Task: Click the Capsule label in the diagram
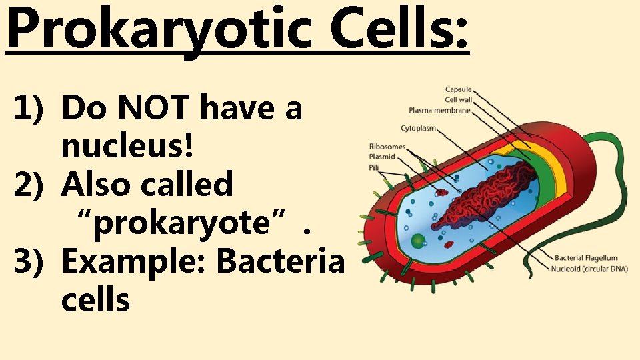(x=458, y=89)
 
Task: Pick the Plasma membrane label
(x=439, y=110)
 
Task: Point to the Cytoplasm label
(x=419, y=127)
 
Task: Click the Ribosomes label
(x=386, y=147)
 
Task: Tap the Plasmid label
(x=382, y=157)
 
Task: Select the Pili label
(x=375, y=167)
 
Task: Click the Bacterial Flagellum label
(x=585, y=258)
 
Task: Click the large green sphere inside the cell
(x=417, y=241)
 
